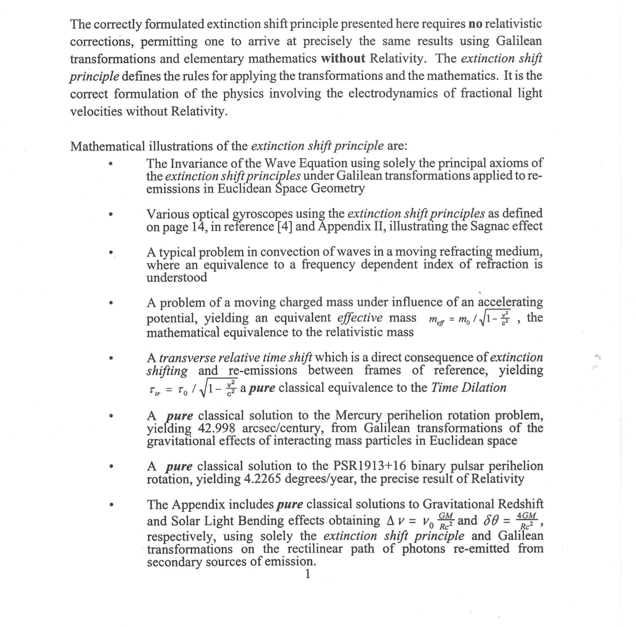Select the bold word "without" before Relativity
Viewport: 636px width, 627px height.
[x=343, y=59]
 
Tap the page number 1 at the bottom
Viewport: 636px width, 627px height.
[x=307, y=573]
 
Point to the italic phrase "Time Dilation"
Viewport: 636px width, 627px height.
[x=469, y=388]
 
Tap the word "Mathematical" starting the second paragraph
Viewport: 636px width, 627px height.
[x=107, y=146]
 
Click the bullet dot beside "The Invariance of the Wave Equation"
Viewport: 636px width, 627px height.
[x=111, y=164]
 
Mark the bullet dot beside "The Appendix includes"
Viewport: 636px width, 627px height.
[x=111, y=505]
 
